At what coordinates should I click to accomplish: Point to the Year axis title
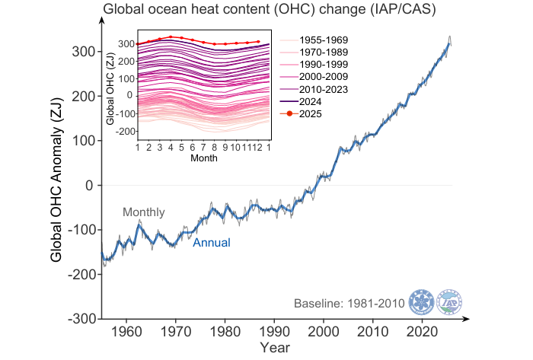coord(274,348)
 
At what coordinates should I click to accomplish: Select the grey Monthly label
coord(144,212)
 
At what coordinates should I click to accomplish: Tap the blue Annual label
coord(211,244)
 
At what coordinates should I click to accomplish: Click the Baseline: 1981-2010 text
coord(349,304)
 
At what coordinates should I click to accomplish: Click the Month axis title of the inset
coord(203,158)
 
